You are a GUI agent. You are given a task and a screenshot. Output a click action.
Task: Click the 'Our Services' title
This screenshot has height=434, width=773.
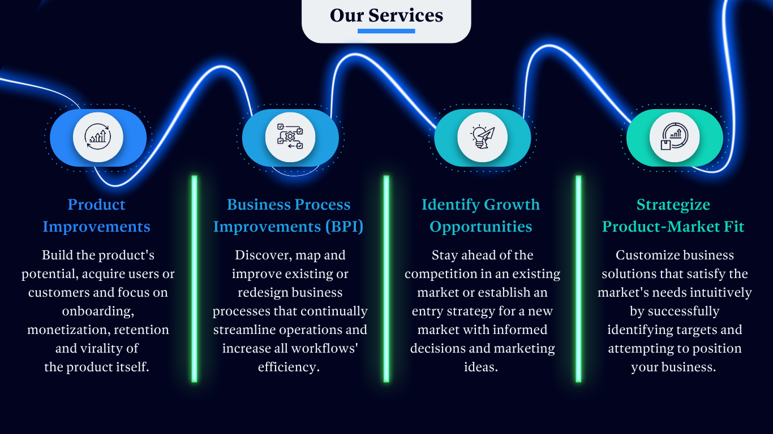point(386,15)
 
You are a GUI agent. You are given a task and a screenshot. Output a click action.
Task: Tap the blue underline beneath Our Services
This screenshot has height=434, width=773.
point(386,31)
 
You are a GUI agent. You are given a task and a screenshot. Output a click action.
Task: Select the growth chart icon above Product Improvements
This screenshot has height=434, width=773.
point(98,137)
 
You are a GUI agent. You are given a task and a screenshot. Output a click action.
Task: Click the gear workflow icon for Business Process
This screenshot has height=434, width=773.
point(290,137)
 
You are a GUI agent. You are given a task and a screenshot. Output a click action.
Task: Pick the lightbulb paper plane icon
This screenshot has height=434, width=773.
point(482,137)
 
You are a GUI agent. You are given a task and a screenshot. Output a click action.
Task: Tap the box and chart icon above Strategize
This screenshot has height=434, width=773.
point(675,137)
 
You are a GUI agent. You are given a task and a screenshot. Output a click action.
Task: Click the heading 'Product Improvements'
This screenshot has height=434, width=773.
point(97,215)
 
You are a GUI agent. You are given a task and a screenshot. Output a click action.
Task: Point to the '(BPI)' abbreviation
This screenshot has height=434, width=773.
point(344,227)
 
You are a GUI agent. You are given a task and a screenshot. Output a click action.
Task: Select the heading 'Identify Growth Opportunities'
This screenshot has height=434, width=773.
point(481,215)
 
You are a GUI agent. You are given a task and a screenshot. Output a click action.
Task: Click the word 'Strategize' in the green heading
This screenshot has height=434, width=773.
point(673,205)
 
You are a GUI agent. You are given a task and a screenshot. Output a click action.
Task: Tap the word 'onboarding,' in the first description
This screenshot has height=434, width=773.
point(98,311)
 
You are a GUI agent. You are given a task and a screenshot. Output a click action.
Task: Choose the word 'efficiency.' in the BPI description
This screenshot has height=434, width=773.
point(289,367)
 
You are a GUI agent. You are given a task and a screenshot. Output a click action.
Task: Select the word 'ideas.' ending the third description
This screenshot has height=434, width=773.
point(481,367)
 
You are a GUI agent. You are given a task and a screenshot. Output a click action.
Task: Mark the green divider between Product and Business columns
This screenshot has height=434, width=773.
point(194,279)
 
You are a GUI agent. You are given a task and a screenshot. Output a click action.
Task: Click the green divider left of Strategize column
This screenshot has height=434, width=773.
point(578,279)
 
